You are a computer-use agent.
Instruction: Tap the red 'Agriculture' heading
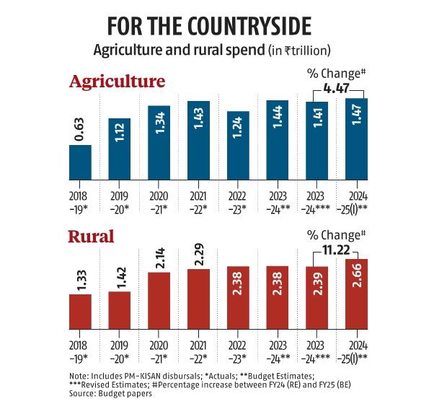pos(117,82)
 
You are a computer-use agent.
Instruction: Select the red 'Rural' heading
pos(92,237)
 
